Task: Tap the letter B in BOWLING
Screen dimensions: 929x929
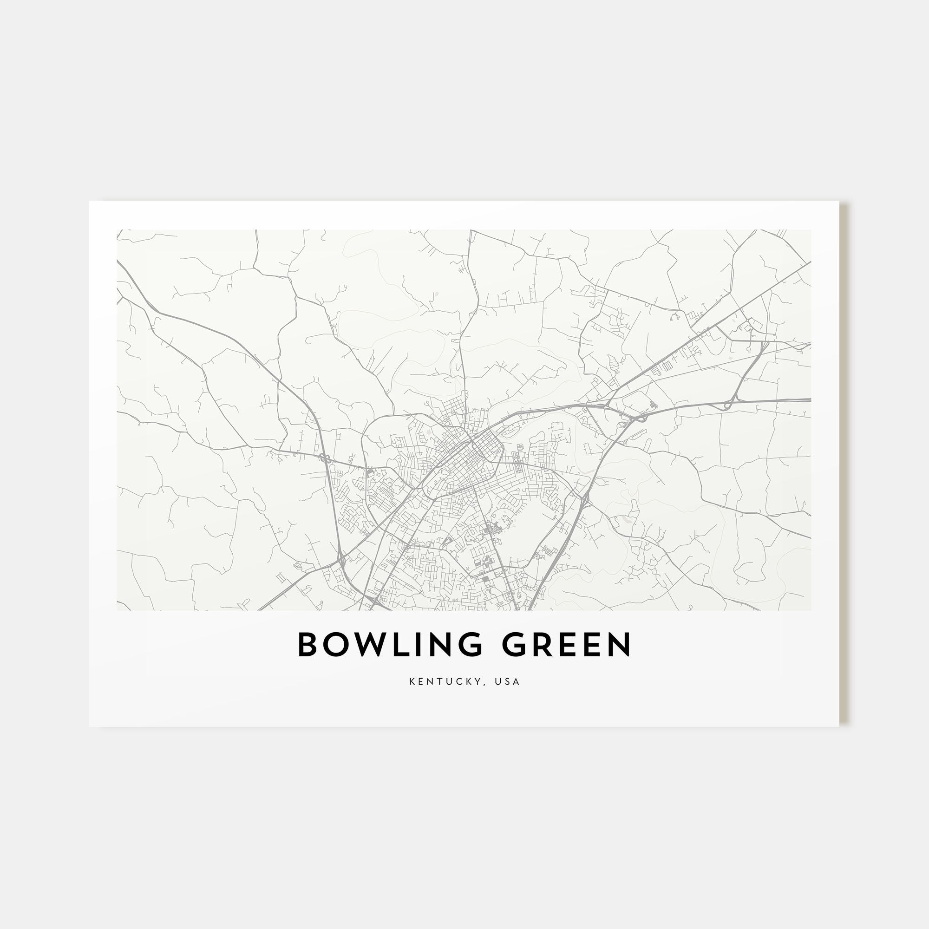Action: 308,644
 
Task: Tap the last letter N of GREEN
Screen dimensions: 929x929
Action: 619,644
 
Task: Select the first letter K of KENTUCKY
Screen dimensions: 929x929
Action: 412,681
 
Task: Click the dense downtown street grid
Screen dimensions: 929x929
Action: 474,450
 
